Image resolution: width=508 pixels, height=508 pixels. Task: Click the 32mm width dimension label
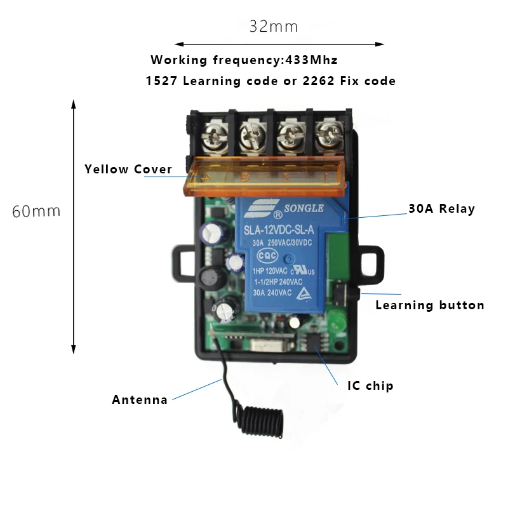coord(273,27)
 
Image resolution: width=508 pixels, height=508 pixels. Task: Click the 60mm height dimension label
coord(36,211)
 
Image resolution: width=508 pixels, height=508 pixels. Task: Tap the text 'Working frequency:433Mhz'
coord(244,60)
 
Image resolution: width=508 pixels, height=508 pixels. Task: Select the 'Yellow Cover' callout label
coord(128,170)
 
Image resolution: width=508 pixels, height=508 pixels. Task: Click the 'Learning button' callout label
coord(430,305)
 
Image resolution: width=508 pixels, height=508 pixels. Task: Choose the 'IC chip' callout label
coord(370,386)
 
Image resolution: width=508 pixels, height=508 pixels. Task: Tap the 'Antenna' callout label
coord(140,400)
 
